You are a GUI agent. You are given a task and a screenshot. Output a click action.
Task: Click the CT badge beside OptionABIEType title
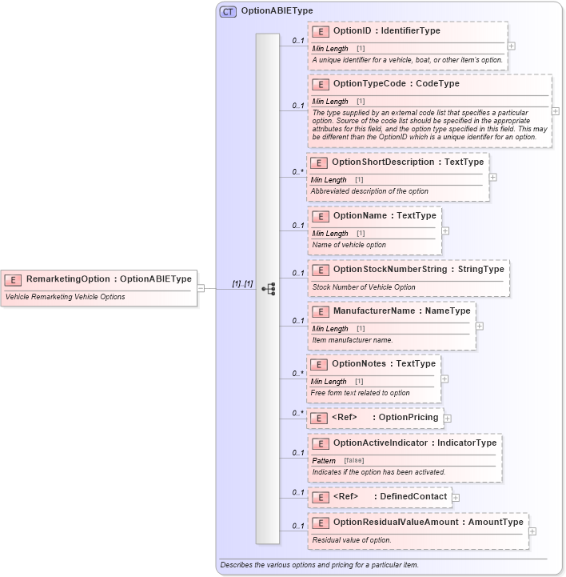[x=228, y=11]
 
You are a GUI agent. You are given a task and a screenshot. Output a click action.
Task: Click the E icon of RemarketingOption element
[x=14, y=279]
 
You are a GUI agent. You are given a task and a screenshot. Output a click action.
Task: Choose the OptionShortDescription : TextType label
[x=408, y=162]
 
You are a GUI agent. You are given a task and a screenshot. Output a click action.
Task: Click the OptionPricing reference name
[x=408, y=417]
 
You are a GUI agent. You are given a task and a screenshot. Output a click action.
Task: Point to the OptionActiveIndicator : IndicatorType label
[x=415, y=443]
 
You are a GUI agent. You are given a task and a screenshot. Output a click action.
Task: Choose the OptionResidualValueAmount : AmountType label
[x=428, y=523]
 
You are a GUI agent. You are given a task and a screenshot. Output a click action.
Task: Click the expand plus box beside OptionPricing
[x=448, y=418]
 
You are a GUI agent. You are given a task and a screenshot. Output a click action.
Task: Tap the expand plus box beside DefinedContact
[x=456, y=498]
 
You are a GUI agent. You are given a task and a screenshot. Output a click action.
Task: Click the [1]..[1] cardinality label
[x=242, y=283]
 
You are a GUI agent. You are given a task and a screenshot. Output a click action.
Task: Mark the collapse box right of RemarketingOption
[x=201, y=288]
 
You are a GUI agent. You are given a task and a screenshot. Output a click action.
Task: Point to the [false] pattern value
[x=354, y=461]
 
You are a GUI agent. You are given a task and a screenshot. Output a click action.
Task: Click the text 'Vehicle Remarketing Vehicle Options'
[x=65, y=297]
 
